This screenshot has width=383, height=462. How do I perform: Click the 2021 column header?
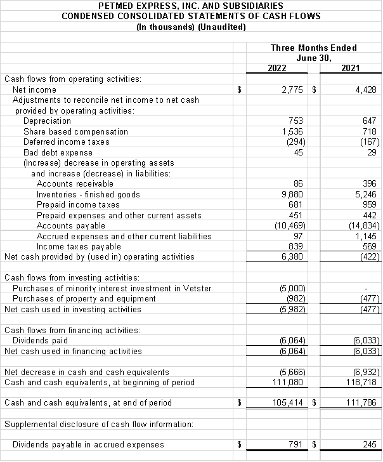pyautogui.click(x=350, y=68)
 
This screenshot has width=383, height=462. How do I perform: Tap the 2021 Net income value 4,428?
pyautogui.click(x=366, y=90)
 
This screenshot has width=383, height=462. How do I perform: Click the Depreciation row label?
pyautogui.click(x=47, y=121)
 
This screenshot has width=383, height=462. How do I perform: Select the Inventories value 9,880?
pyautogui.click(x=294, y=194)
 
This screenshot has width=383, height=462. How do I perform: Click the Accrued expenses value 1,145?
pyautogui.click(x=367, y=236)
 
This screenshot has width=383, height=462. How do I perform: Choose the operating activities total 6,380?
pyautogui.click(x=294, y=257)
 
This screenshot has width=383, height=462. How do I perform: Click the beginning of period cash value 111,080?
pyautogui.click(x=290, y=382)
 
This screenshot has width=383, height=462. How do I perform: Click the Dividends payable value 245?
pyautogui.click(x=370, y=445)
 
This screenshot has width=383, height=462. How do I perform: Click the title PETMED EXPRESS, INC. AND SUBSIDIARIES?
pyautogui.click(x=191, y=6)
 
